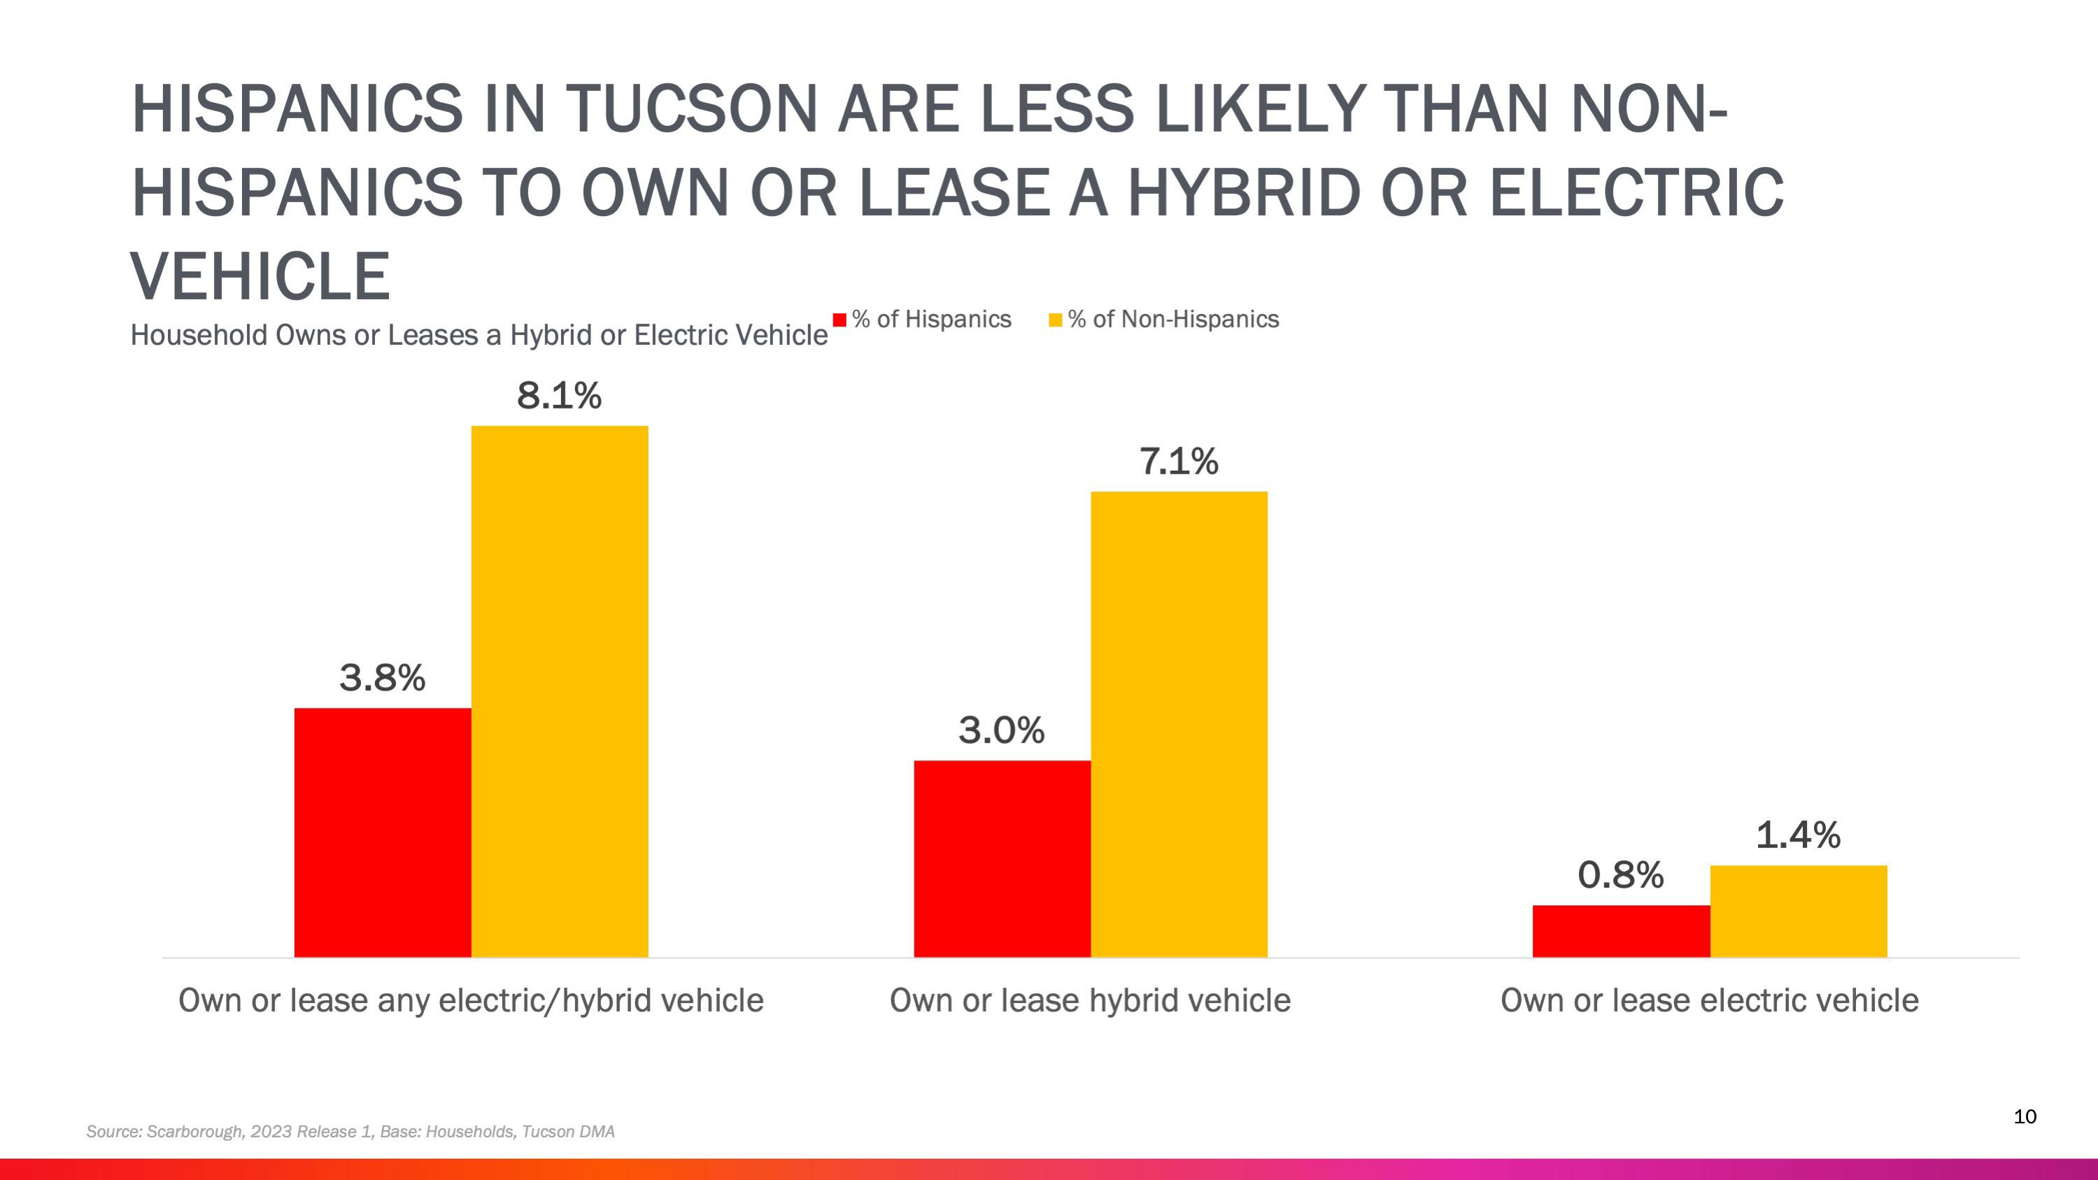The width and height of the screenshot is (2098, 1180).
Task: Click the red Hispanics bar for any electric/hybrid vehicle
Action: click(x=382, y=832)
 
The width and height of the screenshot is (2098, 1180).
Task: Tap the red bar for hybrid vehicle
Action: click(x=1002, y=858)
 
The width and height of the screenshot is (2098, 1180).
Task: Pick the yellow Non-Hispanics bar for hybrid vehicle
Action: click(x=1179, y=724)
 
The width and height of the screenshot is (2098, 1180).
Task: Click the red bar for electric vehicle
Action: click(x=1621, y=931)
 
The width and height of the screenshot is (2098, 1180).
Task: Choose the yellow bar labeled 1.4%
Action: click(x=1799, y=911)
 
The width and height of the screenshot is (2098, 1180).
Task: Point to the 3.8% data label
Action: click(x=382, y=678)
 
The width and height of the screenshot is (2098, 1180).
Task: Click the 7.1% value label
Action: click(x=1179, y=462)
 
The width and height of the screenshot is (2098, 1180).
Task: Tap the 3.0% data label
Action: click(x=1001, y=730)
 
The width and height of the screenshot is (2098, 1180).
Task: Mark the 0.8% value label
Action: click(x=1620, y=876)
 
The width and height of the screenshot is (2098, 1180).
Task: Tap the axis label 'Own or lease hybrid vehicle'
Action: click(x=1090, y=1000)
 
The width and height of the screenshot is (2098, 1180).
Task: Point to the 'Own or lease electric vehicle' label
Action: click(x=1709, y=1000)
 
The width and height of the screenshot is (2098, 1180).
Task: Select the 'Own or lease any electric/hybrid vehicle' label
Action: click(x=471, y=1000)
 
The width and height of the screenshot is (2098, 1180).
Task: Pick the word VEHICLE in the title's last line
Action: click(x=261, y=276)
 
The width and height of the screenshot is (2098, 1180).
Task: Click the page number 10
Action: click(x=2025, y=1116)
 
